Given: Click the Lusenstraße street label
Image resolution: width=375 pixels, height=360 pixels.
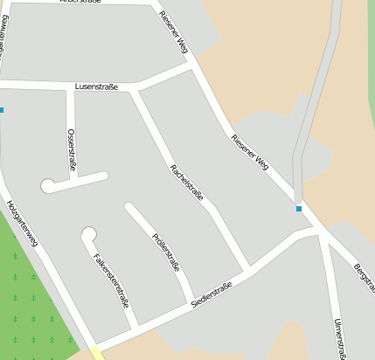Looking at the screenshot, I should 96,87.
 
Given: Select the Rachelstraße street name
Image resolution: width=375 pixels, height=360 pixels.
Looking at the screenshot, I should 186,182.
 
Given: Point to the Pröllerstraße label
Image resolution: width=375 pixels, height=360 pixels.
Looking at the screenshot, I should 165,253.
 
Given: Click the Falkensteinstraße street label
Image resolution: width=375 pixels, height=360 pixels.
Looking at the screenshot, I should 111,280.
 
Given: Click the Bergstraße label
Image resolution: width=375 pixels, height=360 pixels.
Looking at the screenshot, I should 365,277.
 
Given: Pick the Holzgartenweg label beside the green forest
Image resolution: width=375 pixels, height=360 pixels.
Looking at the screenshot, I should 22,223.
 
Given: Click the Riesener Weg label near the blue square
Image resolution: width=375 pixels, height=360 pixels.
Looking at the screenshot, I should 250,155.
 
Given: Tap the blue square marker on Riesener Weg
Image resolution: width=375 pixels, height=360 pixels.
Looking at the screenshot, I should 299,209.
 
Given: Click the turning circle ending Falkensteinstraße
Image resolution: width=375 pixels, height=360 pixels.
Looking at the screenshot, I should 87,233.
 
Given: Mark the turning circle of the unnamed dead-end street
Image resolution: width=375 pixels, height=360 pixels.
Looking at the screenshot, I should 47,185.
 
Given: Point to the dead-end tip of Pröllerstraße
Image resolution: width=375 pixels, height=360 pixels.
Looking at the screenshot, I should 128,207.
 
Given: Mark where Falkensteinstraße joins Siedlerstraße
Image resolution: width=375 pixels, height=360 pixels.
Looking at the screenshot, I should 135,328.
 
